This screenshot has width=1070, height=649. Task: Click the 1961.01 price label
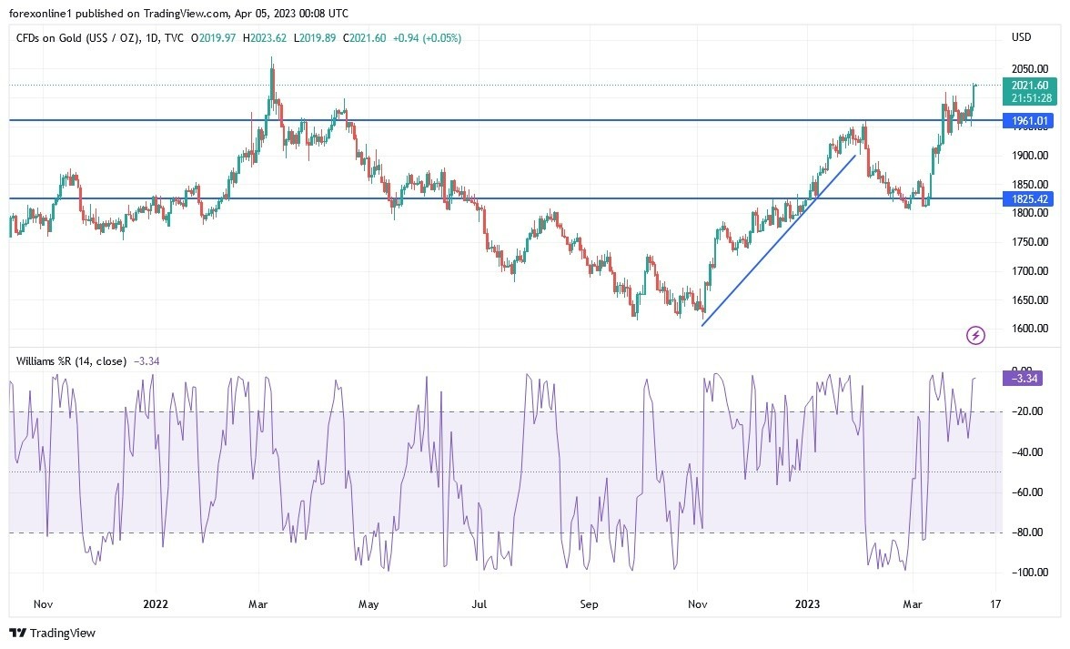pos(1028,120)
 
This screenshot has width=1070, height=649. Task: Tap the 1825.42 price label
pos(1028,198)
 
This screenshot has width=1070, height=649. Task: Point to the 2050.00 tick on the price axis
pos(1028,69)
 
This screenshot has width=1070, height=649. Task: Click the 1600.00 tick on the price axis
pos(1028,329)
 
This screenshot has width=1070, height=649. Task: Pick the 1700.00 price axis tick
pos(1028,271)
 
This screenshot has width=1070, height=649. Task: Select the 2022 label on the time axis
pos(156,603)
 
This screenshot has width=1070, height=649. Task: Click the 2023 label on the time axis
pos(808,603)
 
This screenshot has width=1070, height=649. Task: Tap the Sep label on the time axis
pos(589,603)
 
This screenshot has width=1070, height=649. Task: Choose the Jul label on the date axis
pos(479,603)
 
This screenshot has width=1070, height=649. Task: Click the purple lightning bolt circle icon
pos(975,336)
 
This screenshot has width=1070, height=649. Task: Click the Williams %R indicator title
pos(71,360)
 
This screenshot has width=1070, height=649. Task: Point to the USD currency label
pos(1021,37)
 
